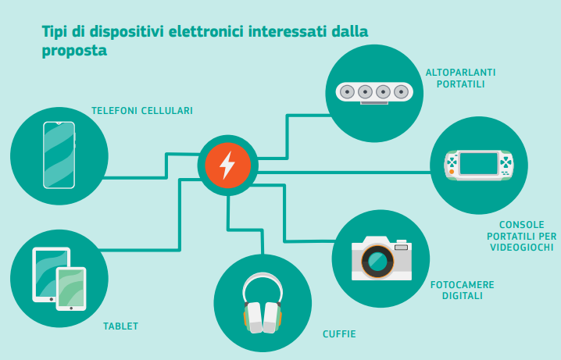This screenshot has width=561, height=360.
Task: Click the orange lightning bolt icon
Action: [x=227, y=165]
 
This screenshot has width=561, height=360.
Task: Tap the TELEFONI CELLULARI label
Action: [x=142, y=111]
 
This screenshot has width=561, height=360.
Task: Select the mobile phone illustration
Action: [x=59, y=155]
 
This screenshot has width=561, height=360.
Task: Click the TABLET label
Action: [x=121, y=326]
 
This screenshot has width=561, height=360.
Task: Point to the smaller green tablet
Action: [x=71, y=288]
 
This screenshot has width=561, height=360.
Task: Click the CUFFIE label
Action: [x=339, y=334]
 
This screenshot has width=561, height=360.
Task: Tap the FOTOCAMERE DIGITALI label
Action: [x=463, y=290]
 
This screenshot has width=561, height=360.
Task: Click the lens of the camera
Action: [x=377, y=262]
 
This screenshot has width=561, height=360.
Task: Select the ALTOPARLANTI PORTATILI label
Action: [x=461, y=78]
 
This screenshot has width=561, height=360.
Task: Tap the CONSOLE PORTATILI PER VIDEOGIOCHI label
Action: [x=520, y=236]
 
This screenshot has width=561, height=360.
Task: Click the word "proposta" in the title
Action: [x=74, y=51]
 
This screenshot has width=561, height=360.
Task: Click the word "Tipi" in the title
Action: [x=55, y=32]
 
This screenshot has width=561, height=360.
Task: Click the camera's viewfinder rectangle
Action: [x=402, y=247]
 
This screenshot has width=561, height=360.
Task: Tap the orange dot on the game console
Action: [x=452, y=171]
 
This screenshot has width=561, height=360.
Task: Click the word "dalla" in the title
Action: [x=349, y=32]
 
